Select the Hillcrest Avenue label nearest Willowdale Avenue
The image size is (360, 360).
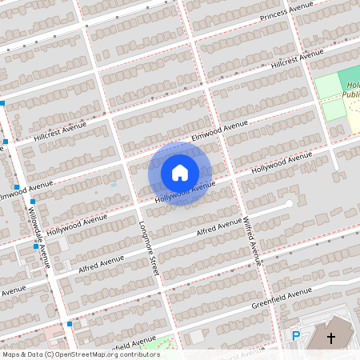59,132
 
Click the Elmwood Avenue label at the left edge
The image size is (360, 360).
26,190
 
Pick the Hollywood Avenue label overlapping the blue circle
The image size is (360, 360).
185,192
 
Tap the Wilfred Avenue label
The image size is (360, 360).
252,239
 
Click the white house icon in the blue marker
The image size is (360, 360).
180,173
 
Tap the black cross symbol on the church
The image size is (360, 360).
331,338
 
